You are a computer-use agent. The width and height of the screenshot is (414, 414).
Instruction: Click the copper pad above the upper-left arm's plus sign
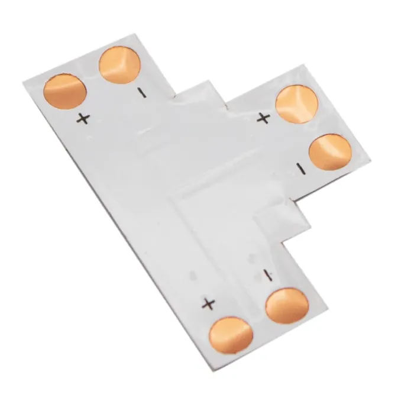click(x=65, y=91)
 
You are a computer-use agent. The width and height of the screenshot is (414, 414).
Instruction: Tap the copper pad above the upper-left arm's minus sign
click(x=119, y=65)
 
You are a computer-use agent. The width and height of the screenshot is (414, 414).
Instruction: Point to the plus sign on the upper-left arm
click(x=83, y=118)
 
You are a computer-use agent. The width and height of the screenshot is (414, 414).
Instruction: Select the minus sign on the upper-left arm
click(x=142, y=93)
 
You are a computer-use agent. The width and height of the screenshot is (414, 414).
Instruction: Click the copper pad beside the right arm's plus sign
click(x=297, y=104)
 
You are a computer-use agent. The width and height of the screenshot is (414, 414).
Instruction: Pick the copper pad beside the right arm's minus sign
click(x=330, y=153)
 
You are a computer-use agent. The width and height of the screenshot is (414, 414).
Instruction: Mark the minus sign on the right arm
click(x=301, y=169)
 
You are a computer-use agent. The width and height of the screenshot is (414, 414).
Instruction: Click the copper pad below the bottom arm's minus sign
click(x=287, y=306)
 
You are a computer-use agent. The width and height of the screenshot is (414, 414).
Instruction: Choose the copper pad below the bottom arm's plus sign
click(x=231, y=335)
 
